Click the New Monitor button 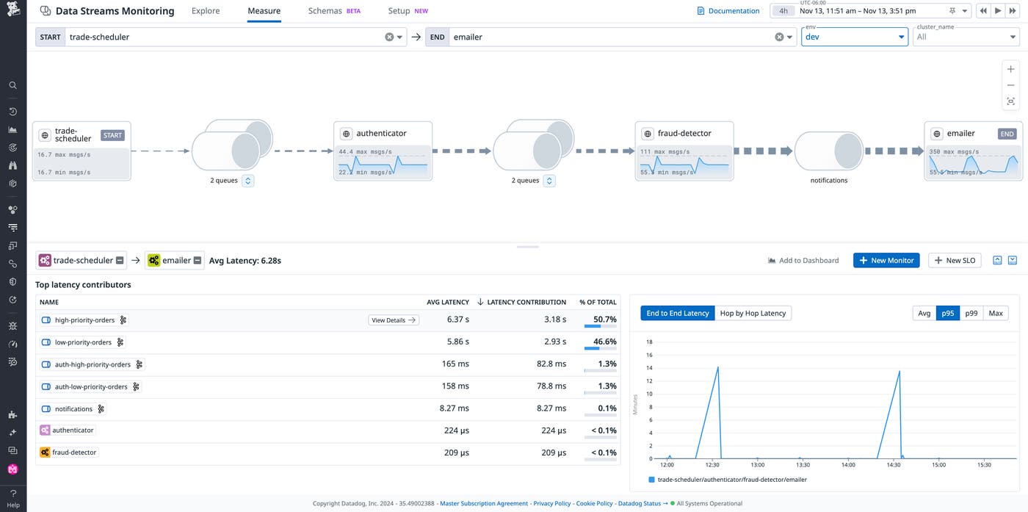pyautogui.click(x=886, y=260)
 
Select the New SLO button pyautogui.click(x=955, y=260)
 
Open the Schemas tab pyautogui.click(x=325, y=11)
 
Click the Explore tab pyautogui.click(x=206, y=11)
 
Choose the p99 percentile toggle pyautogui.click(x=971, y=313)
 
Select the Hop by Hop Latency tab pyautogui.click(x=753, y=313)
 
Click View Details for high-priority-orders pyautogui.click(x=393, y=320)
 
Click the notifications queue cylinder pyautogui.click(x=828, y=151)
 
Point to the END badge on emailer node pyautogui.click(x=1007, y=134)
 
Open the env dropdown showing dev pyautogui.click(x=854, y=37)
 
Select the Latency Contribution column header pyautogui.click(x=526, y=302)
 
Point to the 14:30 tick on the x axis pyautogui.click(x=893, y=465)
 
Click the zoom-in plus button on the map pyautogui.click(x=1010, y=69)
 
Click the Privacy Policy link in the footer pyautogui.click(x=551, y=503)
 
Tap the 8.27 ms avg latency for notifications pyautogui.click(x=454, y=408)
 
